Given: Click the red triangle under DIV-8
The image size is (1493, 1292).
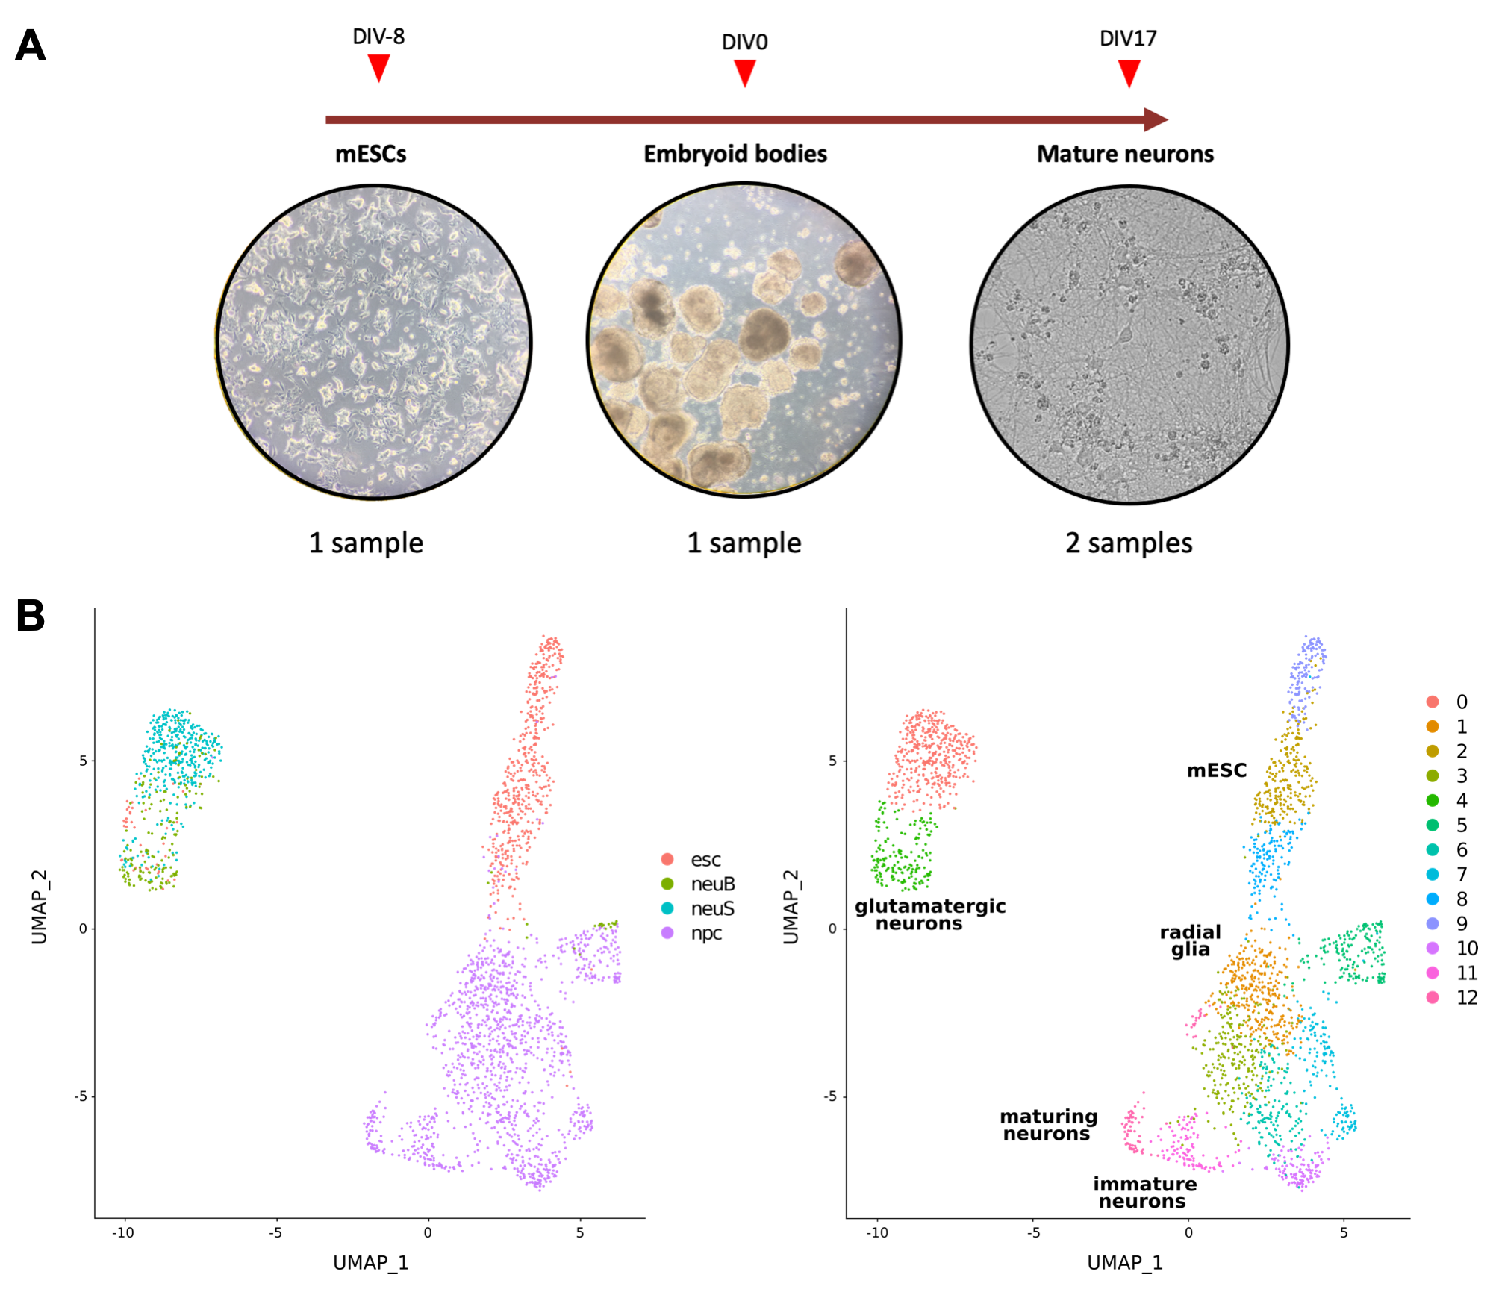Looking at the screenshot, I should (378, 67).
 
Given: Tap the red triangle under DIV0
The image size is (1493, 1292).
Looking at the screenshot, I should (744, 72).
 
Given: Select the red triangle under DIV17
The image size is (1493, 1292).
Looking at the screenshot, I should (1129, 73).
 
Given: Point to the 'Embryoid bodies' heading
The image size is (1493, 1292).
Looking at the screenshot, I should (735, 154).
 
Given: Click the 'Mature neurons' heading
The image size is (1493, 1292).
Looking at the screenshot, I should (1125, 154).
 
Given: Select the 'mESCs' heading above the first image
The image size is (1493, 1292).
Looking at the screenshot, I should (370, 154).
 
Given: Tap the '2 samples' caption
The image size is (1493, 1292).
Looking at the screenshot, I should (1129, 543).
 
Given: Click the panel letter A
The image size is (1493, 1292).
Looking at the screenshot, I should (31, 46).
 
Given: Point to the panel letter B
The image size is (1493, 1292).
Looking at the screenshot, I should (31, 616).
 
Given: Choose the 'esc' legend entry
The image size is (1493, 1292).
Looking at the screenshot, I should (705, 860).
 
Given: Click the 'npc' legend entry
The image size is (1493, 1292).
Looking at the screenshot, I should (705, 933).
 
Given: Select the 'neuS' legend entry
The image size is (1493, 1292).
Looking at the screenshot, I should (711, 908).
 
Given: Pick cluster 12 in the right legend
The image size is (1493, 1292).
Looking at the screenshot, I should (1466, 997).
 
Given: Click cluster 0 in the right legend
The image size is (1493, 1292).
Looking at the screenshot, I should (1461, 702).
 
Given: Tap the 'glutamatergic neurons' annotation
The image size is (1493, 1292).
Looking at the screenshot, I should (929, 914).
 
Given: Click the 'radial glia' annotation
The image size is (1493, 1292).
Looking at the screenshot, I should (1190, 940).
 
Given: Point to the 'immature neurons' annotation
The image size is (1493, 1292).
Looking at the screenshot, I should (1144, 1192).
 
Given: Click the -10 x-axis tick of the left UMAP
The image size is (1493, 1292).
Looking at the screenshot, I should (123, 1232).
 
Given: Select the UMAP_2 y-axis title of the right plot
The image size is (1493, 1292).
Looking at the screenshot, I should (791, 907).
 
